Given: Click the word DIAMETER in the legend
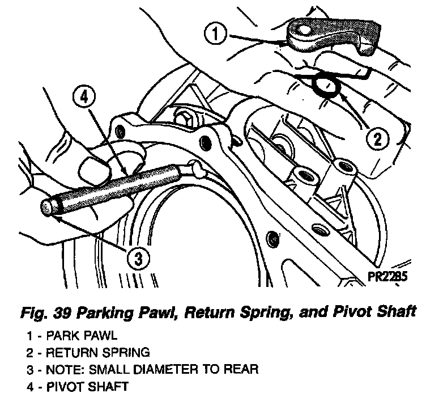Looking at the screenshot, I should tap(160, 370).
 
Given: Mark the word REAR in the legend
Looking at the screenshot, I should tap(244, 370).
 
